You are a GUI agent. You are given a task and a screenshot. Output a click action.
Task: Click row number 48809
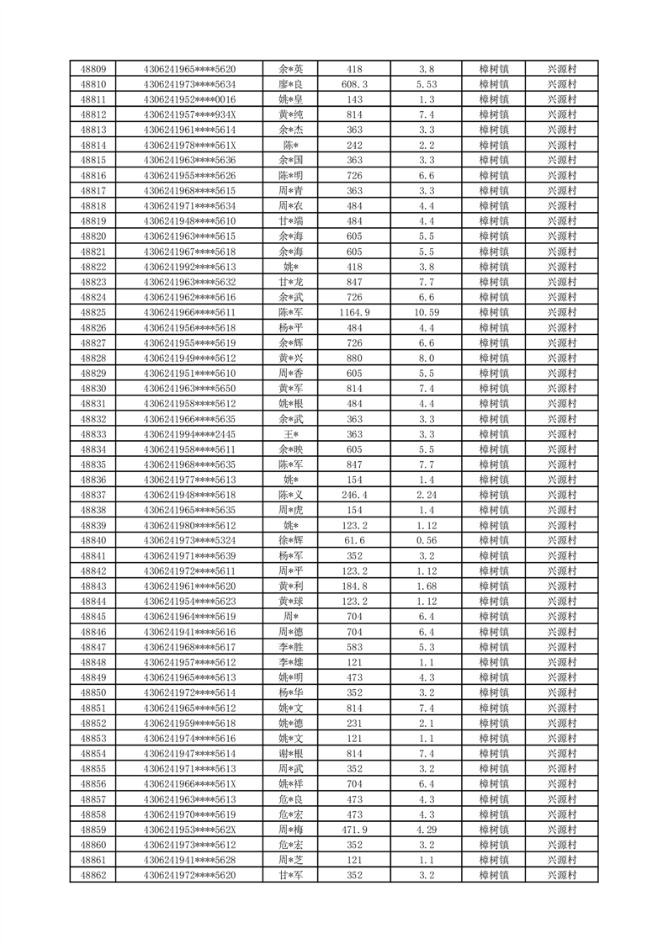coord(93,69)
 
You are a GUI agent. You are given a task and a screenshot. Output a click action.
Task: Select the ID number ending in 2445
coord(189,434)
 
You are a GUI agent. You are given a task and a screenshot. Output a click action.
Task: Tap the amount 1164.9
coord(354,312)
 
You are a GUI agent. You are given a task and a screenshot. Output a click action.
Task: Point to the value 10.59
coord(427,312)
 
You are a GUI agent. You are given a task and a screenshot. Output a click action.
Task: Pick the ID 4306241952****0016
coord(189,99)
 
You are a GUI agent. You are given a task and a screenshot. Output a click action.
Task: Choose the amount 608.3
coord(354,84)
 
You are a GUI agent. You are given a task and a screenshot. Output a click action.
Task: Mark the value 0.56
coord(427,540)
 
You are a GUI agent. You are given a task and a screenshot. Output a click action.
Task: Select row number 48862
coord(93,875)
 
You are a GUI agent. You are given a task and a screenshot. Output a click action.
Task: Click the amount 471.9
coord(354,830)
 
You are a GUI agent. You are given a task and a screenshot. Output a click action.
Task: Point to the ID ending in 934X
coord(189,114)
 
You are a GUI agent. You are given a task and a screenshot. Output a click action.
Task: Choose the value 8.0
coord(427,358)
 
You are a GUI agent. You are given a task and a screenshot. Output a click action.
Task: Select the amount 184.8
coord(354,586)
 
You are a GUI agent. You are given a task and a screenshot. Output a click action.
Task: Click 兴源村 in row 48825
coord(561,312)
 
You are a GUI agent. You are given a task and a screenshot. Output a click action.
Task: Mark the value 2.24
coord(427,495)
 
